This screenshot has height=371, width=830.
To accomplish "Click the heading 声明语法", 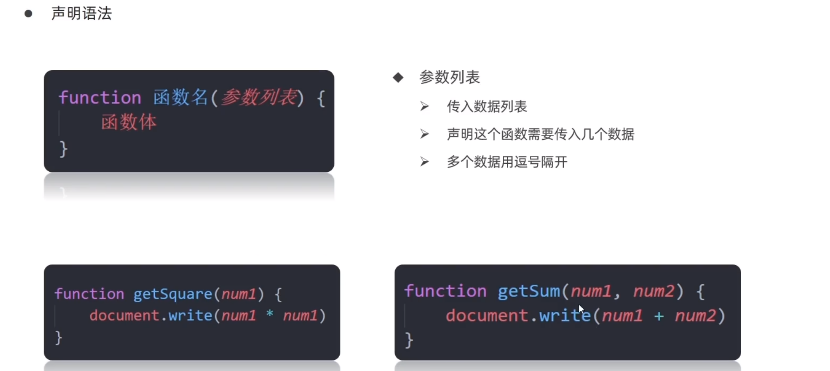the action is [x=82, y=14].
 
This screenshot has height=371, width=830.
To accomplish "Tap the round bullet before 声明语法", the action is [x=28, y=14].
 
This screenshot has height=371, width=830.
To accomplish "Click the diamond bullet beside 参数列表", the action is [x=398, y=77].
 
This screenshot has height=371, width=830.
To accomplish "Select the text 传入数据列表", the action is [x=487, y=107].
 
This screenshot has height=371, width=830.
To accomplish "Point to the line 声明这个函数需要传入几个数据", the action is [x=540, y=134].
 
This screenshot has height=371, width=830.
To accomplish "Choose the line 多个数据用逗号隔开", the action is [x=507, y=162].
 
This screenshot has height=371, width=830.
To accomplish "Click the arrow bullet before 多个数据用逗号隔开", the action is [x=424, y=162].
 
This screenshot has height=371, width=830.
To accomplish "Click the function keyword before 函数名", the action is [x=100, y=98].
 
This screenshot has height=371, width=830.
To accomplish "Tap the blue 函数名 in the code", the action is [x=181, y=98].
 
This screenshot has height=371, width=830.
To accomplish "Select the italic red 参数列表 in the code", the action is [x=259, y=98].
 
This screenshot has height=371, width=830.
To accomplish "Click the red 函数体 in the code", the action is [x=129, y=123].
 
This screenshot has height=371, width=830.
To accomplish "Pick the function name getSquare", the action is [x=173, y=294].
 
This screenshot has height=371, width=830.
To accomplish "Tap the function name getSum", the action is [x=529, y=291].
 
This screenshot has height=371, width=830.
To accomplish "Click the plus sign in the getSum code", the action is [x=659, y=316].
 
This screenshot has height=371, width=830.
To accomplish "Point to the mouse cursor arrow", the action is [x=581, y=309].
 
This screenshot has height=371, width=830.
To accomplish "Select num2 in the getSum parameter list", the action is [x=654, y=291].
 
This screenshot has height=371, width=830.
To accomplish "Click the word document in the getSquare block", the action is [x=124, y=315].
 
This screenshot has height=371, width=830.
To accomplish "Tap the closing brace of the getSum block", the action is [x=408, y=340].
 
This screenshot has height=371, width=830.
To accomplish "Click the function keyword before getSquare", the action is [x=89, y=294].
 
